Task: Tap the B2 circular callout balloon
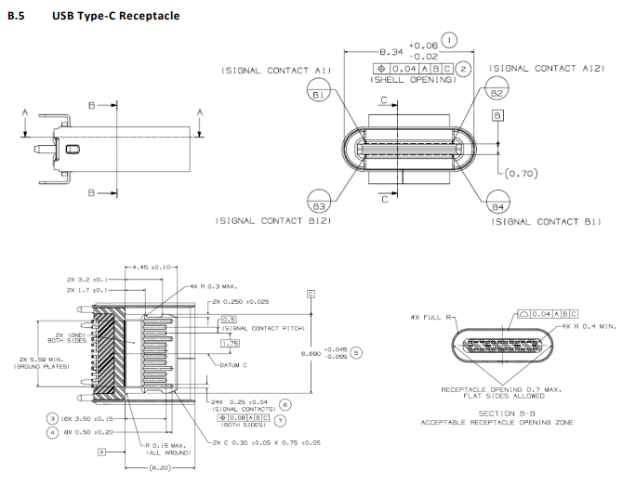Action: click(x=496, y=95)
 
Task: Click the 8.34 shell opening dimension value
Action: click(x=392, y=52)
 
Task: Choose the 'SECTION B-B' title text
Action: click(x=506, y=413)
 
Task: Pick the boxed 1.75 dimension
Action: click(x=229, y=343)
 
